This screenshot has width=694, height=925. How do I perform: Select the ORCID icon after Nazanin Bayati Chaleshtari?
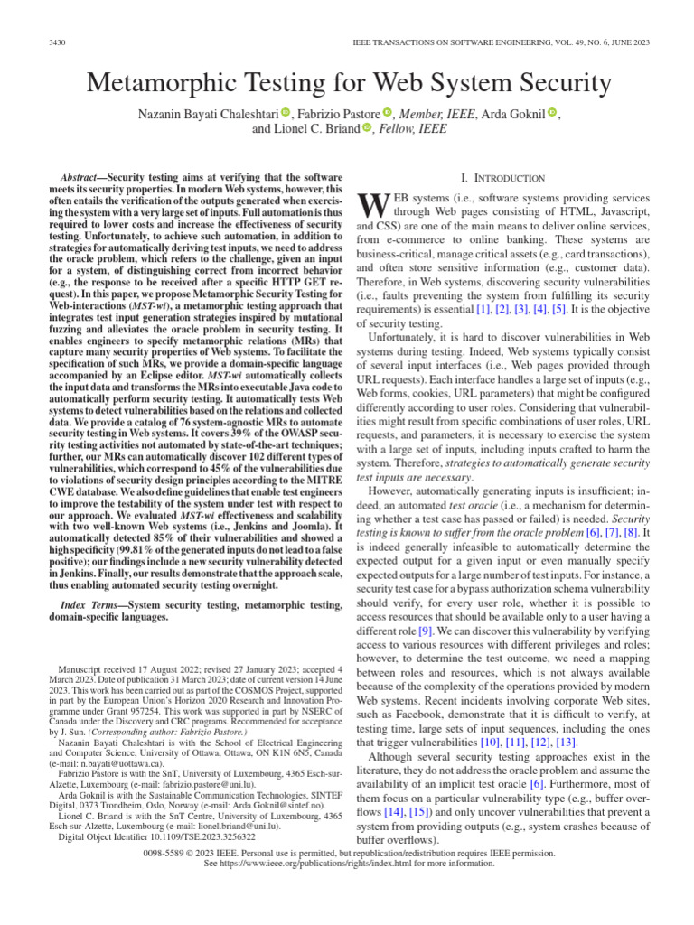pos(286,113)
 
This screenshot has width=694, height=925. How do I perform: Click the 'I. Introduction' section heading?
pos(503,178)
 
